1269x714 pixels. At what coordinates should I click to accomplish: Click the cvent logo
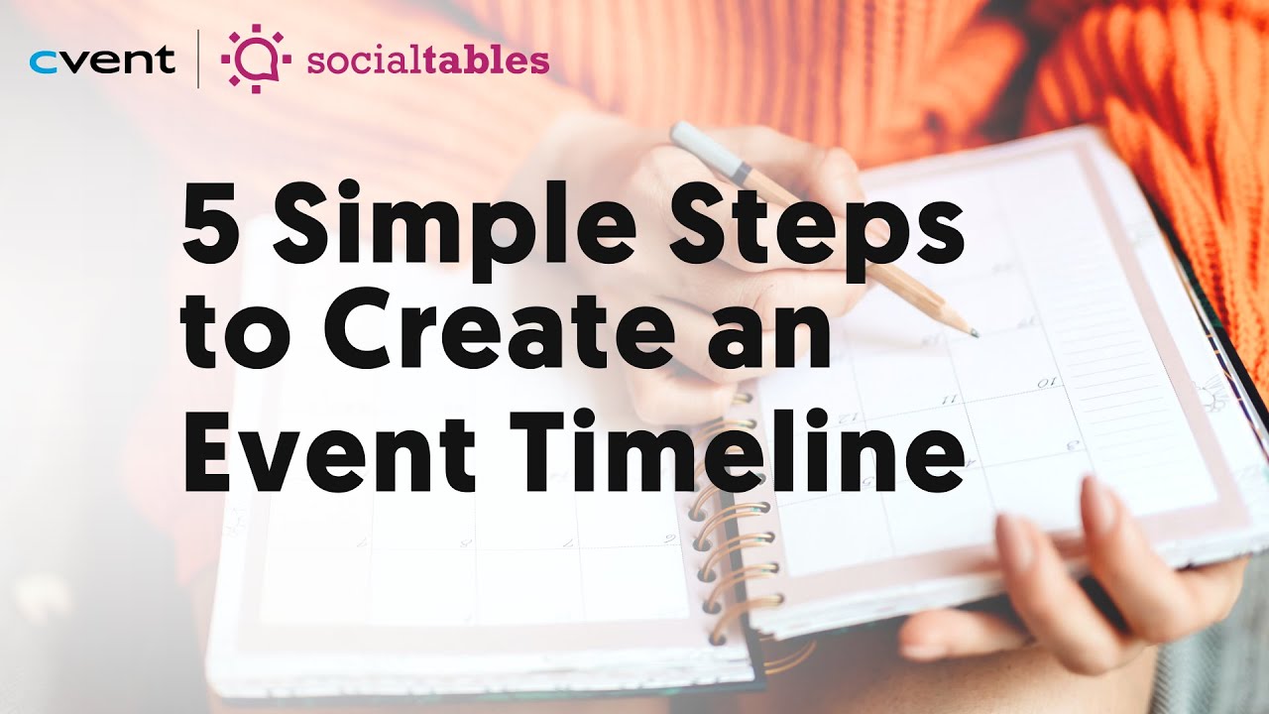(102, 60)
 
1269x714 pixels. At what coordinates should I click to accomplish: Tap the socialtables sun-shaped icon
(256, 59)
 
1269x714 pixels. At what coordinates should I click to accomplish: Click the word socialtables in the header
(427, 60)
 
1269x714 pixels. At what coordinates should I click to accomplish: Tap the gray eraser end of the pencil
(690, 138)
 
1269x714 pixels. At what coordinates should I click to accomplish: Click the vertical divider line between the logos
(197, 59)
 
